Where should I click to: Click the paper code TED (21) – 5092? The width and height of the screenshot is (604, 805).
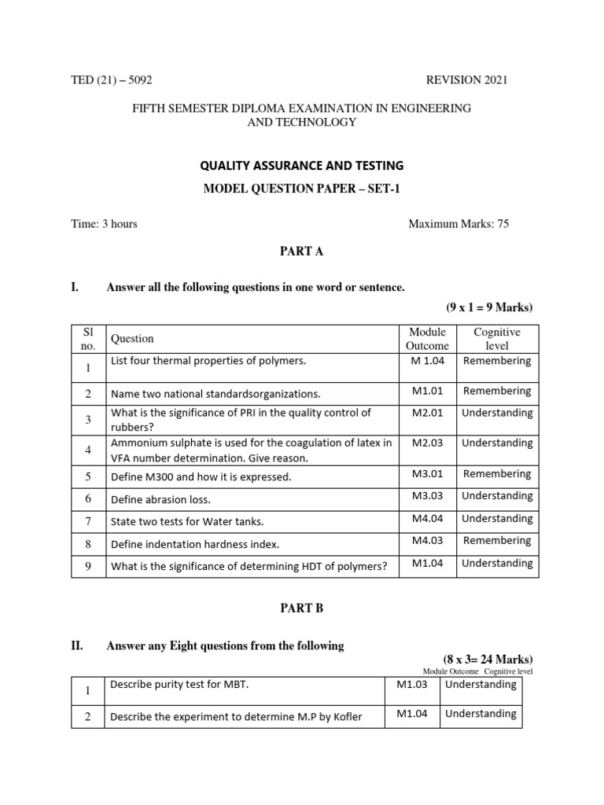[x=116, y=79]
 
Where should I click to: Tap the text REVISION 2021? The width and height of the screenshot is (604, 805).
[x=466, y=79]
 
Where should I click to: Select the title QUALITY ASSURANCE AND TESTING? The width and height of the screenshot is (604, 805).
[x=303, y=165]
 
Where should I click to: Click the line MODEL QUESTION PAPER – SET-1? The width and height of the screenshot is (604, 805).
[x=303, y=189]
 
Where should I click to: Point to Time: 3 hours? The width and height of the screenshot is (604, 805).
[x=104, y=224]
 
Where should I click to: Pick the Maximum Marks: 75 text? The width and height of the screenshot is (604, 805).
[x=459, y=224]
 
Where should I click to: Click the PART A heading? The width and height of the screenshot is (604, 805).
[x=302, y=252]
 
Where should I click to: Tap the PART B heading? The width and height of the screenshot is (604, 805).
[x=302, y=608]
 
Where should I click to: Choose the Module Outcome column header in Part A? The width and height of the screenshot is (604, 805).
[x=427, y=339]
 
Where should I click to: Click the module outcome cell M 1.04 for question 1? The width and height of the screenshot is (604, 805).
[x=427, y=361]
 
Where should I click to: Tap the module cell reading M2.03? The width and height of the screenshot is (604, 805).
[x=427, y=443]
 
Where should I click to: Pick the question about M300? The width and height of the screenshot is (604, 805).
[x=201, y=476]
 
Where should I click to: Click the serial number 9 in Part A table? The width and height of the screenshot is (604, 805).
[x=89, y=566]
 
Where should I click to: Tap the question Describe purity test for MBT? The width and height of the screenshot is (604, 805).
[x=179, y=685]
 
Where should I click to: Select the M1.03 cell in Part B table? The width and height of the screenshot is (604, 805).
[x=412, y=685]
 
